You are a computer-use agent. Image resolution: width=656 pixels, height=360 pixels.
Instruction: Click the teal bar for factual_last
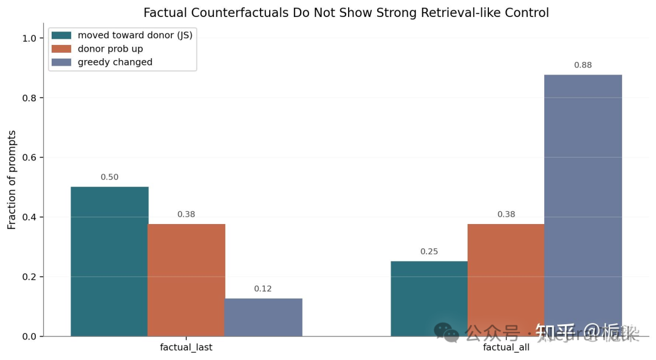[x=109, y=261]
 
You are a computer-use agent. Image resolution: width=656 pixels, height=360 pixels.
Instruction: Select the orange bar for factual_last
[x=186, y=280]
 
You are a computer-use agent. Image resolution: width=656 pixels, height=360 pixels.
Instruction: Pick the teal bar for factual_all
[x=429, y=298]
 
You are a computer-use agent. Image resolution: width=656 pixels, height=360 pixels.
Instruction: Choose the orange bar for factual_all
[x=506, y=280]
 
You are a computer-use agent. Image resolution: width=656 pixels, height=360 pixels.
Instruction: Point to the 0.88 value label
[x=583, y=65]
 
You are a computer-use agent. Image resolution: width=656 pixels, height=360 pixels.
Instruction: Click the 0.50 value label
[x=109, y=177]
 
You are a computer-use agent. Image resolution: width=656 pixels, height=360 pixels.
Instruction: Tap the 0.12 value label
[x=263, y=289]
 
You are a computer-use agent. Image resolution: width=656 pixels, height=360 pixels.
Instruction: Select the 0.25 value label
[x=429, y=251]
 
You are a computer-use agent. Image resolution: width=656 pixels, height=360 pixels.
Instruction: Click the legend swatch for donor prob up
[x=61, y=49]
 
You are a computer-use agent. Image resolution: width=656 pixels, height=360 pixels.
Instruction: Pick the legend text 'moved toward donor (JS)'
[x=135, y=35]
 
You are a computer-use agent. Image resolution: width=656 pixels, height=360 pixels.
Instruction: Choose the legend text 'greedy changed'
[x=115, y=62]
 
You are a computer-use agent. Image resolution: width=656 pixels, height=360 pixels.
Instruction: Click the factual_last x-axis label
[x=186, y=348]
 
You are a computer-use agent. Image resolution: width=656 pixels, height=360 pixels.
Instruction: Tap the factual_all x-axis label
[x=506, y=348]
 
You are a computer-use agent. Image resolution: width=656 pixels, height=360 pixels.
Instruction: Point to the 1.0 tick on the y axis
[x=29, y=38]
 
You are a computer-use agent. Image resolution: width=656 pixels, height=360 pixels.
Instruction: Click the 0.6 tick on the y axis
[x=29, y=158]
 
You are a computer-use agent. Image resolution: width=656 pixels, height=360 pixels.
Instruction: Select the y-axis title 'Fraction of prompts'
[x=12, y=180]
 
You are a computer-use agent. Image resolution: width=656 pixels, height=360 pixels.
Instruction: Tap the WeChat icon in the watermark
[x=446, y=331]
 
